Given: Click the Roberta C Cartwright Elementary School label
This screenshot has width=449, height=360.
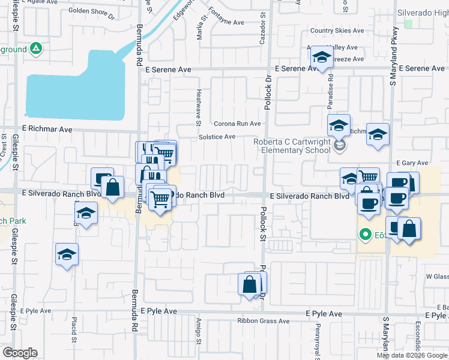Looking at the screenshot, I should click(x=292, y=146).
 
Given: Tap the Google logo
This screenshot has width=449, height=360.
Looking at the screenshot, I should click(x=20, y=353).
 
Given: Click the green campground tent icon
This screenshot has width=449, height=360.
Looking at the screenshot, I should click(x=36, y=49).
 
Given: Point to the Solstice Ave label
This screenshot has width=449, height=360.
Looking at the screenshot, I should click(x=217, y=137).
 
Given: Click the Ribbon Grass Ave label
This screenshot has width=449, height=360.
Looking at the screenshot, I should click(x=264, y=321).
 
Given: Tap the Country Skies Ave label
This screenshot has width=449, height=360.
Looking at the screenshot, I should click(x=337, y=31).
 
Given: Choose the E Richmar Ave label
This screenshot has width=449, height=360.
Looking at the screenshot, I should click(x=47, y=128).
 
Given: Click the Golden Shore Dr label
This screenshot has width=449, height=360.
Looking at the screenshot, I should click(x=91, y=11).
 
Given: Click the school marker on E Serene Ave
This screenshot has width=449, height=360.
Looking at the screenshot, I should click(x=322, y=59).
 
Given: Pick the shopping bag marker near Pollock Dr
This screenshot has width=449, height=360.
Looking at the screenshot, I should click(x=250, y=284).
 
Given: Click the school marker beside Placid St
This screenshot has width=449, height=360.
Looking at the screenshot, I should click(x=67, y=254).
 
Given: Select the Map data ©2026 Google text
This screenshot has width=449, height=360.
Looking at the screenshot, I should click(x=411, y=355).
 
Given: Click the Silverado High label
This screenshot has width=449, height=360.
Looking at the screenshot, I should click(x=423, y=13).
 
